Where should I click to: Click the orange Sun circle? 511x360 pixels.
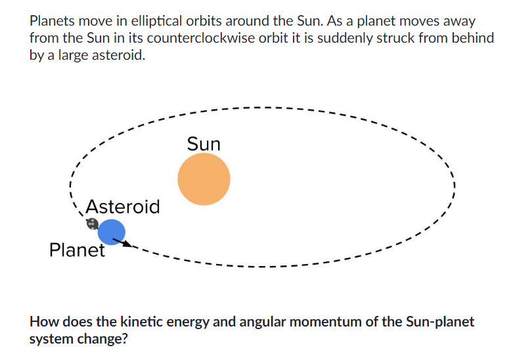(x=204, y=179)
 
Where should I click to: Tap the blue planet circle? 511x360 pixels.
(x=111, y=231)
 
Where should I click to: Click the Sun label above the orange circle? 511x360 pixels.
(x=204, y=144)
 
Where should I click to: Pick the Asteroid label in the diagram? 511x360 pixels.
(x=123, y=207)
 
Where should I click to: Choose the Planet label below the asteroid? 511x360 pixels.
(x=77, y=250)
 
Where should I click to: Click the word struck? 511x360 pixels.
(x=397, y=38)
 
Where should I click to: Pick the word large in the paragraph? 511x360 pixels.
(x=74, y=56)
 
